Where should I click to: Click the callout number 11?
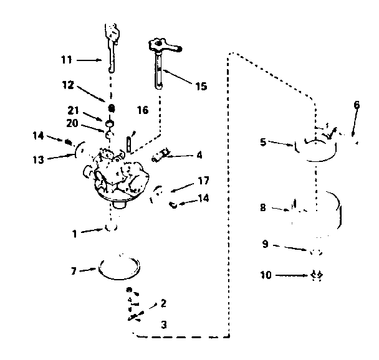coord(67,60)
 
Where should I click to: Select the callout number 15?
coord(201,86)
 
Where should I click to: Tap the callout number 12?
coord(68,85)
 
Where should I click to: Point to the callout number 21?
coord(73,110)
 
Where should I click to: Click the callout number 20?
coord(72,123)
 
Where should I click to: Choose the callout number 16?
coord(143,110)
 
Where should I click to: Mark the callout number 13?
coord(39,159)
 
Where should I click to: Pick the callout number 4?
coord(199,155)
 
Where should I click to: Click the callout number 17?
coord(203,181)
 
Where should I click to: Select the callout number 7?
coord(74,271)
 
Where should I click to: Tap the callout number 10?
coord(266,275)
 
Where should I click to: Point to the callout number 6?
coord(357,105)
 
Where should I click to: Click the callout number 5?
coord(263,142)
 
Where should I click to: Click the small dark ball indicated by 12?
coord(111,108)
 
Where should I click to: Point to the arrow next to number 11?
coord(89,60)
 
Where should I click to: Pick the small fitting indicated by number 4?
coord(160,155)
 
